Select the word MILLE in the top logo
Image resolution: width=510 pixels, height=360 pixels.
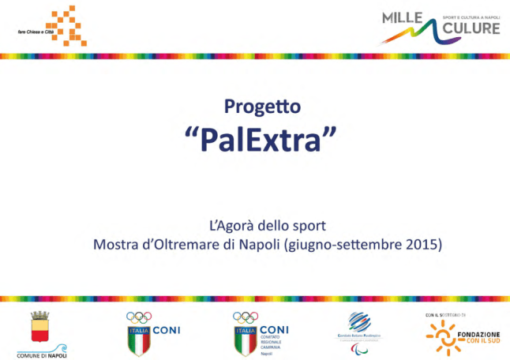click(x=403, y=18)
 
